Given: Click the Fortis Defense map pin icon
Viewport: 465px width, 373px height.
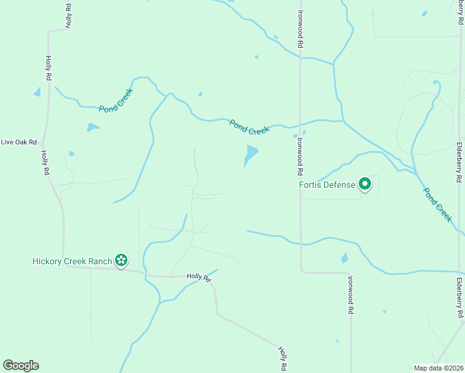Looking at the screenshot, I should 364,185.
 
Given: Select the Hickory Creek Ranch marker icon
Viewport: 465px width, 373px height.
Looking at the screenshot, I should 121,260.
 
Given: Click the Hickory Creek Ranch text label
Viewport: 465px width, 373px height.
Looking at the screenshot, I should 72,261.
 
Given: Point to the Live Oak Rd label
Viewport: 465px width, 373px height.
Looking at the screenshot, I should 19,142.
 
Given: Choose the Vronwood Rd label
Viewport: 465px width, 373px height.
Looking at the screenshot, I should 351,293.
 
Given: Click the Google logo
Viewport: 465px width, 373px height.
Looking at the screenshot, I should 21,366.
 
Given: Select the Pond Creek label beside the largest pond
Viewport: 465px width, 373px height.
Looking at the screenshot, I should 249,127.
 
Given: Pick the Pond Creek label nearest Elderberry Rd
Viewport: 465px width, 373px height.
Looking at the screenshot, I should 438,205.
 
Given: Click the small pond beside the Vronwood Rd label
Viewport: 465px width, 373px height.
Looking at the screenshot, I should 344,258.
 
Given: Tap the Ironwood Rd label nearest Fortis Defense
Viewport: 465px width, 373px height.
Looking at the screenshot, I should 300,155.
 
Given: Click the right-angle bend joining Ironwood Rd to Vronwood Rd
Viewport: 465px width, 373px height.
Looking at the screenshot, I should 302,271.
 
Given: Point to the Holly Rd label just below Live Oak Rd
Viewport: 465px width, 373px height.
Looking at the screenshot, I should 45,163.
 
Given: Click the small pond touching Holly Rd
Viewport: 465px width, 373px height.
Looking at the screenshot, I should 37,93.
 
